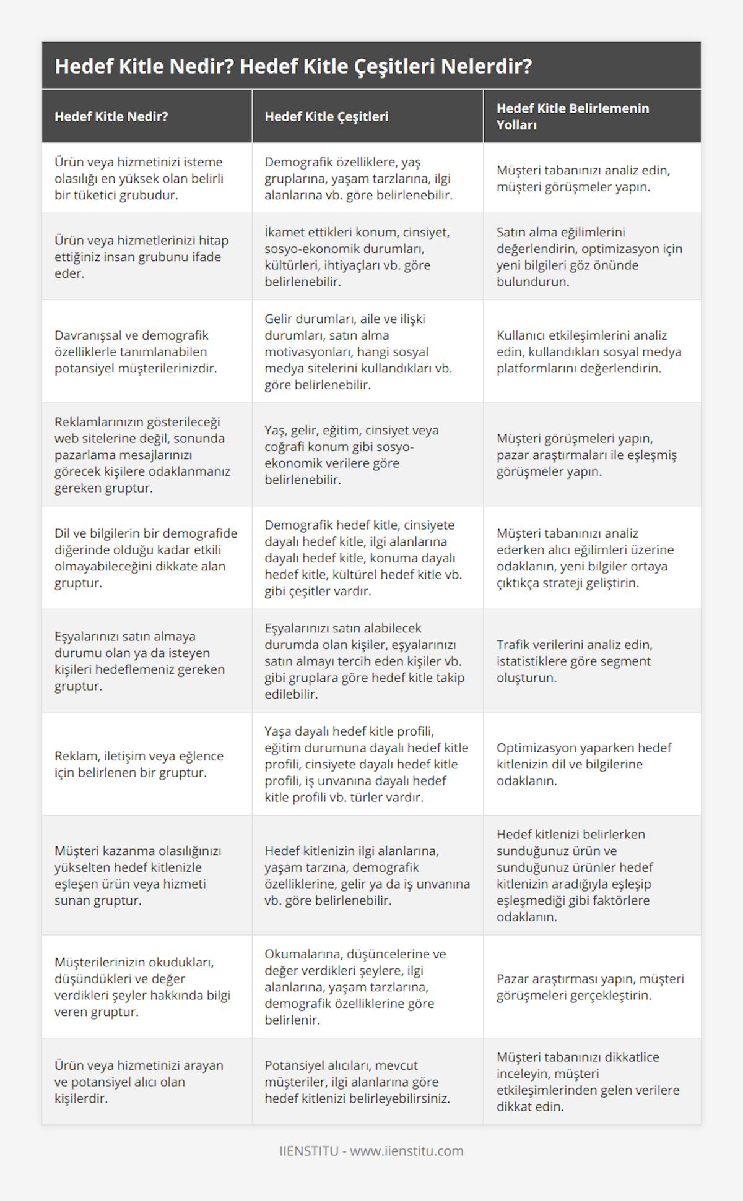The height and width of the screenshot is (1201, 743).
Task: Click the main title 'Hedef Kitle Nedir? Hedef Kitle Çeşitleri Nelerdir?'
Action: tap(293, 66)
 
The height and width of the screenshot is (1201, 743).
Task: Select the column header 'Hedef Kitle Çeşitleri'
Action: tap(326, 116)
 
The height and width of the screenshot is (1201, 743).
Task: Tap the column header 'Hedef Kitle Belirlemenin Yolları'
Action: tap(573, 116)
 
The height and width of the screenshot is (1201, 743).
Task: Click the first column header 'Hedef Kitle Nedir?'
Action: tap(111, 116)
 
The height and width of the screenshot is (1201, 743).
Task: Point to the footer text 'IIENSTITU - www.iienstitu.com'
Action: tap(371, 1150)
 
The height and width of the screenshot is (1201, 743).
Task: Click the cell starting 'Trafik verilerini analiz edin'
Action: tap(574, 661)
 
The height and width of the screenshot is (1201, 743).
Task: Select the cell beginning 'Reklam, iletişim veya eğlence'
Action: tap(139, 764)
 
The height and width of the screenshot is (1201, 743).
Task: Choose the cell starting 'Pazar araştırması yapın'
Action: tap(589, 987)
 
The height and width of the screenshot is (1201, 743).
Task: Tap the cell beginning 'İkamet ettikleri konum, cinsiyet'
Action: tap(357, 257)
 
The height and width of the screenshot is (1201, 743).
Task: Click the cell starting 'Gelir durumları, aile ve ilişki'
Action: tap(358, 351)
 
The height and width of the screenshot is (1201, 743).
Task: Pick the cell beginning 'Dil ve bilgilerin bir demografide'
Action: tap(146, 557)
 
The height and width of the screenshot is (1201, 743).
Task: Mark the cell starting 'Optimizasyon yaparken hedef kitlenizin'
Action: tap(583, 764)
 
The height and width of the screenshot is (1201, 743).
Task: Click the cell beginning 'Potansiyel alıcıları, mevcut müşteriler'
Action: tap(357, 1082)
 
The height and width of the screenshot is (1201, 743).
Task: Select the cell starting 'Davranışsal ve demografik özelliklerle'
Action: tap(136, 351)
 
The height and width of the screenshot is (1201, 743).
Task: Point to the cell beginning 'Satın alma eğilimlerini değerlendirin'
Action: tap(589, 257)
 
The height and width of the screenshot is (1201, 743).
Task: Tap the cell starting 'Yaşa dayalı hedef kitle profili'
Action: tap(366, 764)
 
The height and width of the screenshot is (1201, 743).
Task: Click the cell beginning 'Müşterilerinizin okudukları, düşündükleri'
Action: tap(142, 987)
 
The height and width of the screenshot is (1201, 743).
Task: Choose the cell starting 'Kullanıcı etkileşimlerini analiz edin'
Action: tap(588, 351)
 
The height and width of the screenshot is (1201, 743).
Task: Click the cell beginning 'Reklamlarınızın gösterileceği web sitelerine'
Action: tap(142, 455)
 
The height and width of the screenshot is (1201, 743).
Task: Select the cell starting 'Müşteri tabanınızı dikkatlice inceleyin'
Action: tap(588, 1082)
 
